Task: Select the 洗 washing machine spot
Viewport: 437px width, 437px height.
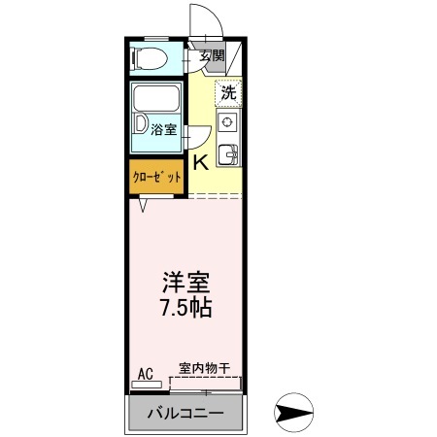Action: pyautogui.click(x=228, y=94)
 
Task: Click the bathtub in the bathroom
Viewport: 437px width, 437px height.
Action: pyautogui.click(x=157, y=100)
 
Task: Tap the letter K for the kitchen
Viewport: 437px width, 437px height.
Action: pyautogui.click(x=200, y=162)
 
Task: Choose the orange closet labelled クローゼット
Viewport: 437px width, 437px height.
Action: pyautogui.click(x=156, y=178)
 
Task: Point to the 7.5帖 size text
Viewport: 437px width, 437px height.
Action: pyautogui.click(x=185, y=309)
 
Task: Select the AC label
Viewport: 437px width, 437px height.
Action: pyautogui.click(x=145, y=372)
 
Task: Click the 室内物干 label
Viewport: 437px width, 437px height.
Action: pyautogui.click(x=204, y=369)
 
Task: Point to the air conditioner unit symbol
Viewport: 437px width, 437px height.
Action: pyautogui.click(x=147, y=385)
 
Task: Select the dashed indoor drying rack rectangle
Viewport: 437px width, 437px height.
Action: pyautogui.click(x=205, y=384)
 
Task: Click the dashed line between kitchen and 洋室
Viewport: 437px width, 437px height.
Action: pyautogui.click(x=215, y=197)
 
